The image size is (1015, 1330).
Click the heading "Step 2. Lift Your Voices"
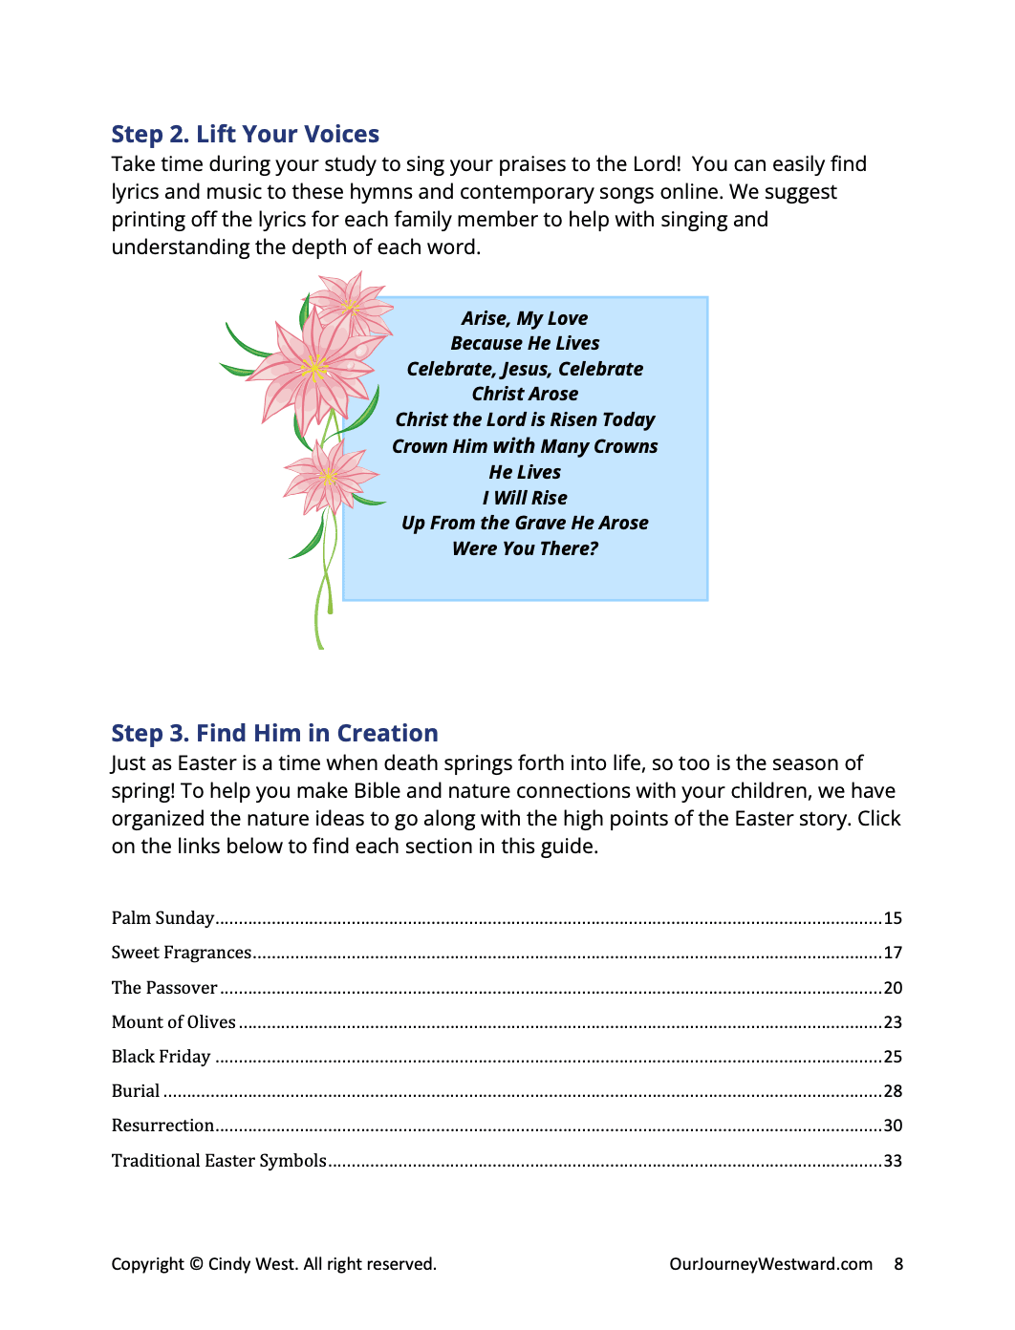245,134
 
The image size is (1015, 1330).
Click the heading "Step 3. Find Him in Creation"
274,733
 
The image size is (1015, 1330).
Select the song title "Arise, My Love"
525,318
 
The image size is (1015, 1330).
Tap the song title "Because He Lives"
525,343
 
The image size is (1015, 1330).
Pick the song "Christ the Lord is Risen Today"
525,419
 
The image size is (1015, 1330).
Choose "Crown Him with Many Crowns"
525,446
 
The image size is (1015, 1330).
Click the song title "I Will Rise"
525,498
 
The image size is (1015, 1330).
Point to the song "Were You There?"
525,548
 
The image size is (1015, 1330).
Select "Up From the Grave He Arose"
525,523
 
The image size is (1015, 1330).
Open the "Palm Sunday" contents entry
162,918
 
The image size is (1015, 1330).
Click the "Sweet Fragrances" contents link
181,953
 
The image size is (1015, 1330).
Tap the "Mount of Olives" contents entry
173,1022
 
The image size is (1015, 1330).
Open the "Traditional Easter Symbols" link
219,1161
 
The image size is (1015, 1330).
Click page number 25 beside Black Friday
893,1057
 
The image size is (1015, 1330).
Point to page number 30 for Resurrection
893,1126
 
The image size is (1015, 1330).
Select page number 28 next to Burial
893,1091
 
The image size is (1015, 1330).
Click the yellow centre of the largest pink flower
314,367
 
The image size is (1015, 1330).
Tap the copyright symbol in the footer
196,1264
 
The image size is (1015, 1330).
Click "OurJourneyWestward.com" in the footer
770,1264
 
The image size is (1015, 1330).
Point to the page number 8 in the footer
898,1264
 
